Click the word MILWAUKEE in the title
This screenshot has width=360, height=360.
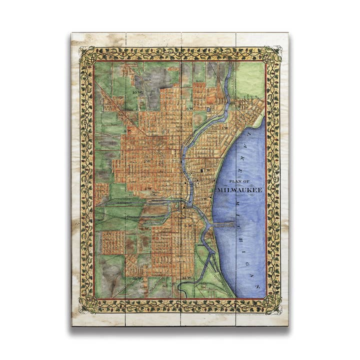point(240,190)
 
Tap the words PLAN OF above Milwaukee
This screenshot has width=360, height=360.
point(240,182)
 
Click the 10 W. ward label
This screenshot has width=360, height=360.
point(137,93)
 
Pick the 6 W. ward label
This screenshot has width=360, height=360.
point(190,109)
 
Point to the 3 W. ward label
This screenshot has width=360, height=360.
point(204,199)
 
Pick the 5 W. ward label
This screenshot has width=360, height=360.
point(188,226)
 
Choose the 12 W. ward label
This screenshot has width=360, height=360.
point(188,278)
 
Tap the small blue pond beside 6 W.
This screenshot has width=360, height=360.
point(207,108)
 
